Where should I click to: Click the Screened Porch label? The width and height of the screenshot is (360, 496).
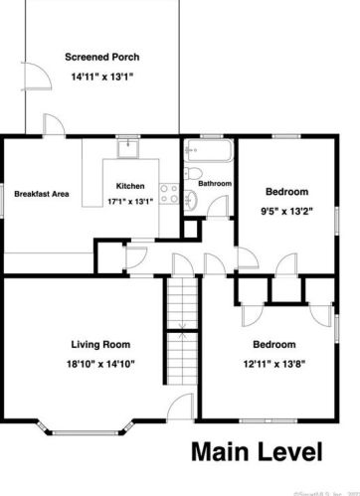point(100,57)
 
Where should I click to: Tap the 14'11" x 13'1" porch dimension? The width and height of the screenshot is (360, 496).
point(100,77)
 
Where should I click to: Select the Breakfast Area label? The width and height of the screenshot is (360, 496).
point(41,193)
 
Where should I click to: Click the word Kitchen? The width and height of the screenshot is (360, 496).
point(130,186)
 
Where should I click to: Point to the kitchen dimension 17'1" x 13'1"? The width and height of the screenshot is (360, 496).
point(130,200)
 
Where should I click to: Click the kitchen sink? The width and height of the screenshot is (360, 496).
point(129,149)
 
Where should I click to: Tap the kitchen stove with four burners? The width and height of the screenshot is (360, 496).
point(168,192)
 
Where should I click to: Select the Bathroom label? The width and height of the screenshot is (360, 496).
point(215,184)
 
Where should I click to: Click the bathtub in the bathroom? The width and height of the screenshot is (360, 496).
point(207,153)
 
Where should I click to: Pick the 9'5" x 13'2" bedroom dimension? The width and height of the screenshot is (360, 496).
point(286,210)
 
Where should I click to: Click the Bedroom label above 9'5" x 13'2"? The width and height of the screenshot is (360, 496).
point(286,191)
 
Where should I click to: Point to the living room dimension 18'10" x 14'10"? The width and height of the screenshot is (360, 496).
point(100,364)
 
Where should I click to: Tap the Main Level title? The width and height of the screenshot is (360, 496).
point(257,452)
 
